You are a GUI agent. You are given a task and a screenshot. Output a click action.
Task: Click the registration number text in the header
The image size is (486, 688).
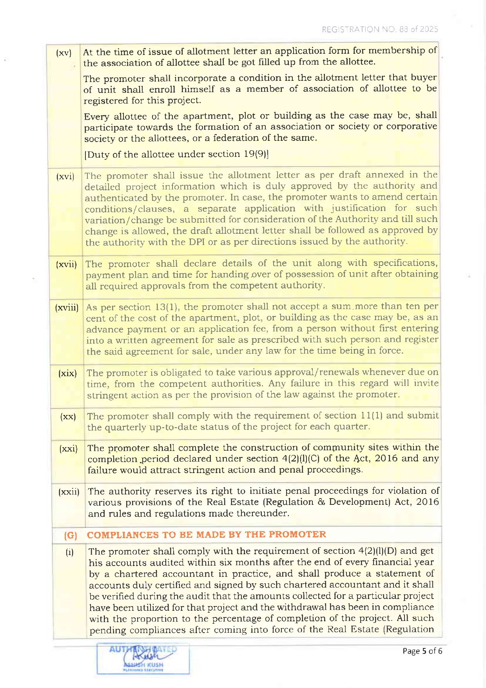(x=379, y=29)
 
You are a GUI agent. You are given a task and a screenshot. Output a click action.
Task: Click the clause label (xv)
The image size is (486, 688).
(x=63, y=53)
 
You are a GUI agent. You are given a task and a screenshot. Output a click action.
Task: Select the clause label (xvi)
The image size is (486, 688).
(x=65, y=177)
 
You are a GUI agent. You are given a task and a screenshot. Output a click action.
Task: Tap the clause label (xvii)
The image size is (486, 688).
(x=66, y=264)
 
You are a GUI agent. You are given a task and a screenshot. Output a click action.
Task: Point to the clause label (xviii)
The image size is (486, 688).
(x=67, y=308)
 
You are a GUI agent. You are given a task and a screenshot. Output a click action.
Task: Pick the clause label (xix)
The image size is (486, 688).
(x=67, y=373)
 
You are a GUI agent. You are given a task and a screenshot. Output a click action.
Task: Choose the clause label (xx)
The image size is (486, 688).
(x=68, y=417)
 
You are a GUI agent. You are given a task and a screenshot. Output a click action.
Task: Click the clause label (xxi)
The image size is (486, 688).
(x=69, y=448)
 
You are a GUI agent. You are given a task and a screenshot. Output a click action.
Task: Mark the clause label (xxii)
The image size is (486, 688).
(x=69, y=491)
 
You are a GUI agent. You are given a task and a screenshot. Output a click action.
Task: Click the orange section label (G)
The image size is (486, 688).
(x=71, y=535)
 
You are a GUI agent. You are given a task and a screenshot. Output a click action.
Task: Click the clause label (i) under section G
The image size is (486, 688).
(x=69, y=553)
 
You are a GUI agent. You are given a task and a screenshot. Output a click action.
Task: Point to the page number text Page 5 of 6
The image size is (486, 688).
(x=422, y=651)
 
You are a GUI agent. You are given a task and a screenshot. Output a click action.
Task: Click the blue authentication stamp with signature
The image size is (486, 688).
(x=143, y=658)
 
